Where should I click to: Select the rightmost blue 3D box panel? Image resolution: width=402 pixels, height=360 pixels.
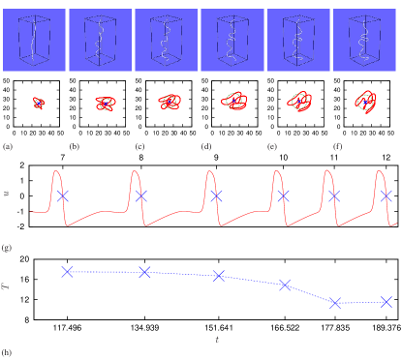click(364, 40)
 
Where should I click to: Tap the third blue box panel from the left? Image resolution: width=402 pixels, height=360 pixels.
click(166, 40)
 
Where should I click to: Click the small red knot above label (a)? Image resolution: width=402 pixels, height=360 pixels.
click(38, 103)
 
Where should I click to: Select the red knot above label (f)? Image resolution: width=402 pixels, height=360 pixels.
click(365, 101)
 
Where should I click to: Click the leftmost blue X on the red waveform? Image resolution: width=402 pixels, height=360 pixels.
click(63, 195)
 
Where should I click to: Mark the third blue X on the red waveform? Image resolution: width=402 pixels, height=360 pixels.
click(216, 195)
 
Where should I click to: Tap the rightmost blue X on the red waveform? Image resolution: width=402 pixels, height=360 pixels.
click(387, 195)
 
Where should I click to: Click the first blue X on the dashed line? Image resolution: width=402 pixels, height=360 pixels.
click(67, 272)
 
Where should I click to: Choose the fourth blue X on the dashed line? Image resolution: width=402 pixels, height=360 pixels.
click(284, 285)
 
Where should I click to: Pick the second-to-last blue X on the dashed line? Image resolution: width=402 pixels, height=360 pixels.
click(335, 303)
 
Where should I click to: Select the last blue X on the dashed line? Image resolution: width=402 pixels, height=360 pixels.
click(387, 302)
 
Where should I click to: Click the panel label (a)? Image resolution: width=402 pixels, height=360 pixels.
click(8, 147)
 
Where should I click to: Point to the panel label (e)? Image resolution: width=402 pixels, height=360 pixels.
click(272, 147)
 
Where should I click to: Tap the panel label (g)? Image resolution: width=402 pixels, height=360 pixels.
click(8, 248)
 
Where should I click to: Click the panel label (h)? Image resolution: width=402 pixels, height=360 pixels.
click(8, 353)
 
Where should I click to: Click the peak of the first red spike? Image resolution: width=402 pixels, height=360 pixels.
click(56, 171)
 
